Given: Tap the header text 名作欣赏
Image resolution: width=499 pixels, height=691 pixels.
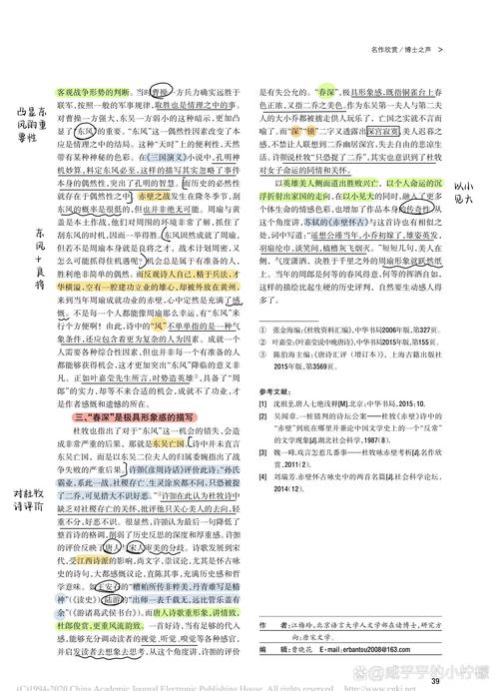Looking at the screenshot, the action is tap(381, 47).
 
